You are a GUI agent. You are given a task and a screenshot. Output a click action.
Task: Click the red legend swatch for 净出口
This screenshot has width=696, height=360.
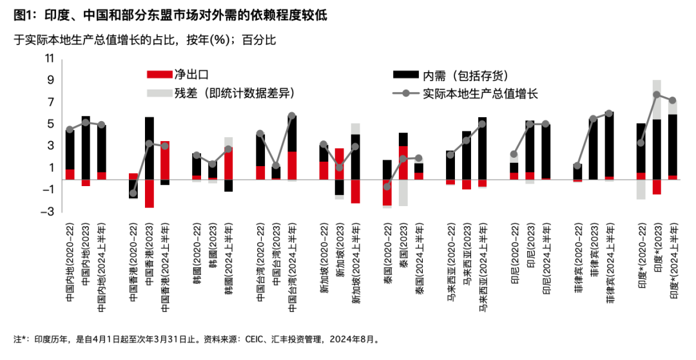(x=159, y=75)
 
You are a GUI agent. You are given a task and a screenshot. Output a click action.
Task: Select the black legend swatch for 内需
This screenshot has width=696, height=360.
(x=406, y=75)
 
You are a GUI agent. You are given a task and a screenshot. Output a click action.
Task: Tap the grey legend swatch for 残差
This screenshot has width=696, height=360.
(x=159, y=93)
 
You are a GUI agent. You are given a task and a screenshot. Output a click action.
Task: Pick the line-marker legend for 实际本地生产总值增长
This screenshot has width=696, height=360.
(x=406, y=93)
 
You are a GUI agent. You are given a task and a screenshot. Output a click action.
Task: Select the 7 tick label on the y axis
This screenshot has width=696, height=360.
(x=51, y=102)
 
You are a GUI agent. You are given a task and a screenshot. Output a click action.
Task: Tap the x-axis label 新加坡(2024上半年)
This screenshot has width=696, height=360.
(x=356, y=263)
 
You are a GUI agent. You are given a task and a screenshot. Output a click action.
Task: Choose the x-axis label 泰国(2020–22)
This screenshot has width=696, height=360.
(x=387, y=254)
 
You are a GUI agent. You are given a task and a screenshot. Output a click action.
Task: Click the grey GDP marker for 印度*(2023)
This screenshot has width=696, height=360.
(x=657, y=95)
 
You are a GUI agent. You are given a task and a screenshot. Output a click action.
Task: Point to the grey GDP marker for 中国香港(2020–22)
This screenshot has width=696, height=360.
(x=133, y=193)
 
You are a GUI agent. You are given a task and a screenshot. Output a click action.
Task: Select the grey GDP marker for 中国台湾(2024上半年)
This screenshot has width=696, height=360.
(x=292, y=116)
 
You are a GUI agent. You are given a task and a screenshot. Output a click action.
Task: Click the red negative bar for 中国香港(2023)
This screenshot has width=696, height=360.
(x=149, y=194)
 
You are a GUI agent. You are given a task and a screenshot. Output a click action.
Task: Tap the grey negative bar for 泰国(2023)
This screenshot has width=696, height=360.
(x=403, y=193)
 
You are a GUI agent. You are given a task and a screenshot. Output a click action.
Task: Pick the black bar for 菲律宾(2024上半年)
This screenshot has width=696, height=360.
(x=610, y=144)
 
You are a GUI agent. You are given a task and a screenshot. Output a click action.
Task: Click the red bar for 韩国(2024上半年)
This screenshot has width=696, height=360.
(x=228, y=164)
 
